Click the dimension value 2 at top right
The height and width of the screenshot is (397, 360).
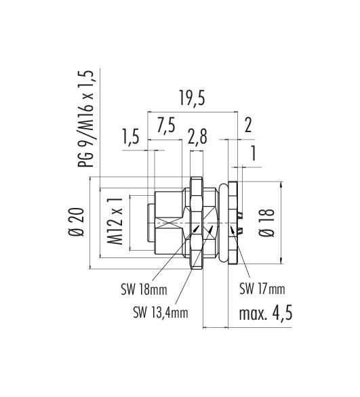(x=247, y=126)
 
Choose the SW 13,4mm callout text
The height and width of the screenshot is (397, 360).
(x=160, y=312)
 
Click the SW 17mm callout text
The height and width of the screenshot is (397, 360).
(x=262, y=289)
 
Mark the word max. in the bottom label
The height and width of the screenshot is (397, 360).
(x=252, y=314)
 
